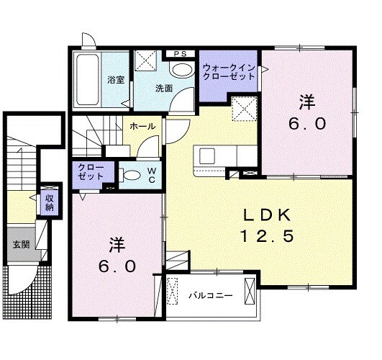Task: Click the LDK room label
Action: (x=265, y=214)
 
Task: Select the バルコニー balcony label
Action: (x=210, y=294)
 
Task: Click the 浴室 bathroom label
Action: (x=117, y=80)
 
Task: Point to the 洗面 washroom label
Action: (x=163, y=89)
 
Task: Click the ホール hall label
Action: (x=142, y=126)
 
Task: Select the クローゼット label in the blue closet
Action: (x=90, y=172)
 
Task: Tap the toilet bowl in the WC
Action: (x=132, y=174)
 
